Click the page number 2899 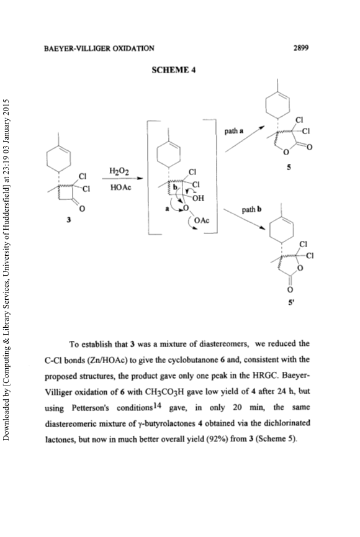point(301,48)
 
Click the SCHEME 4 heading point(174,70)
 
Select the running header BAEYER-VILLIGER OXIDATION point(99,48)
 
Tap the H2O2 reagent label point(119,171)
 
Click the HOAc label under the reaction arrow point(120,187)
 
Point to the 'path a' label point(234,130)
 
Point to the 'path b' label point(252,209)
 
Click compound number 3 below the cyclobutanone point(68,220)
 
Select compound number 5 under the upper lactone point(289,167)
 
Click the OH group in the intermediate point(198,198)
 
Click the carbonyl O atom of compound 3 point(82,208)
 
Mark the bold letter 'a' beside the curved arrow point(168,209)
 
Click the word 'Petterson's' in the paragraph point(91,408)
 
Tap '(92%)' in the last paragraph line point(217,439)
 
